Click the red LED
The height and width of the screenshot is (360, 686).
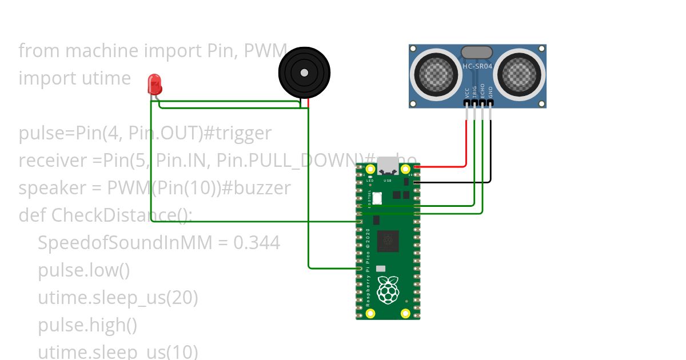pos(154,85)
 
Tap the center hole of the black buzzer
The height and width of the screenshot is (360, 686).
pos(304,73)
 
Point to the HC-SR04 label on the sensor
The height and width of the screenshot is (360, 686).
pos(477,66)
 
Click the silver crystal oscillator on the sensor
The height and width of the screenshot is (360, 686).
pos(476,53)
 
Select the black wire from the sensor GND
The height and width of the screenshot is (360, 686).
pos(490,154)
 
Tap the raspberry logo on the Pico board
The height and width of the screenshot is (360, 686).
pos(389,290)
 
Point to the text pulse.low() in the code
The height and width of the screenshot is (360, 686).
pos(84,270)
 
